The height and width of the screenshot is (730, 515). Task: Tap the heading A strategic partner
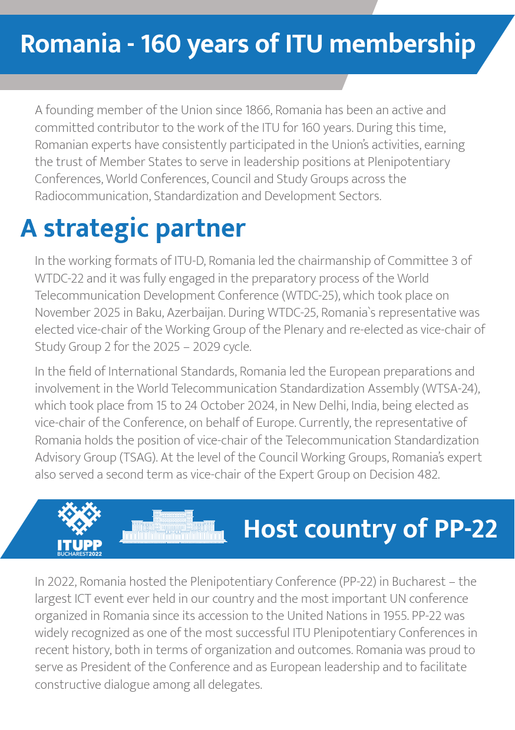[x=133, y=228]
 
